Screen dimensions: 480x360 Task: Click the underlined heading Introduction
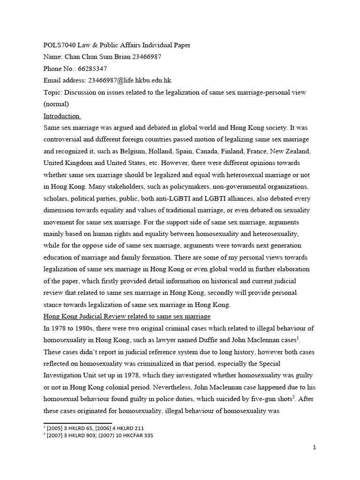62,116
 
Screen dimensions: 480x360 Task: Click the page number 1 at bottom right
315,448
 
